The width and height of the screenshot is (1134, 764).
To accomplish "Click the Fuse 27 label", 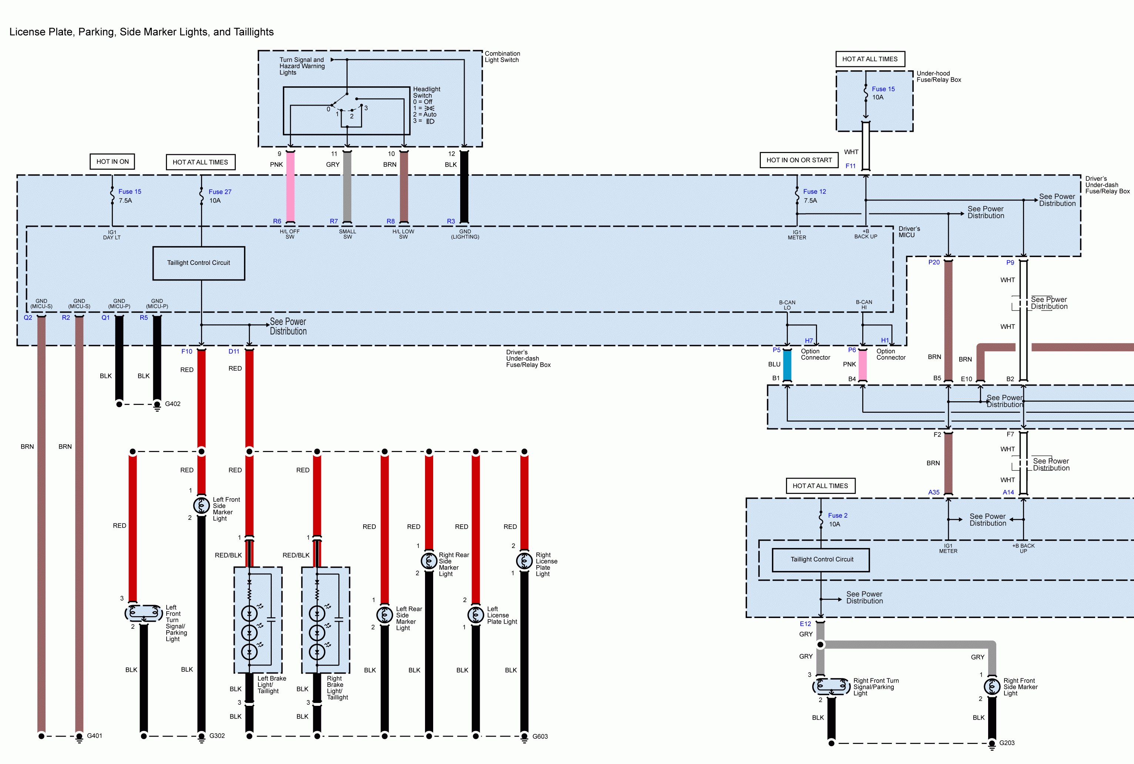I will [x=220, y=192].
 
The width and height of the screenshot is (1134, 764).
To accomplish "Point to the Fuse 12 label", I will [x=814, y=192].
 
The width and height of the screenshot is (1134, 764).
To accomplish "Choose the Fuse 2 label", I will [x=838, y=515].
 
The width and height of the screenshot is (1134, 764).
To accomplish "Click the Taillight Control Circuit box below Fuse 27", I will [x=199, y=263].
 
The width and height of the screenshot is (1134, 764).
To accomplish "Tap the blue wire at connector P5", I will [x=787, y=365].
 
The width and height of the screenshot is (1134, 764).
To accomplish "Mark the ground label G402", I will [x=173, y=404].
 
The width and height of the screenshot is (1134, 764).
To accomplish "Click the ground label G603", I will [x=540, y=737].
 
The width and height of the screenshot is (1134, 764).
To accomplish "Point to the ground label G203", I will [x=1007, y=743].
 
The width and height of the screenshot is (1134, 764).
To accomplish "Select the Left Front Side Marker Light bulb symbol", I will [x=201, y=505].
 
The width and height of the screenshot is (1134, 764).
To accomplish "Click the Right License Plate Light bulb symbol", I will [x=524, y=561].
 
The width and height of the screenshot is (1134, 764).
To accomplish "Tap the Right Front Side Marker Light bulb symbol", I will [x=992, y=687].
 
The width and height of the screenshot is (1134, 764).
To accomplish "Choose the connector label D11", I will [x=234, y=351].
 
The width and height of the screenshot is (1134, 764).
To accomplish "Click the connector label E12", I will [x=805, y=624].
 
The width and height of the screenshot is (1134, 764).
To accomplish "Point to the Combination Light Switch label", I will [x=502, y=57].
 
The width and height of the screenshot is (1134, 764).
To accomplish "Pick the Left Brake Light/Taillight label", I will [x=271, y=685].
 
